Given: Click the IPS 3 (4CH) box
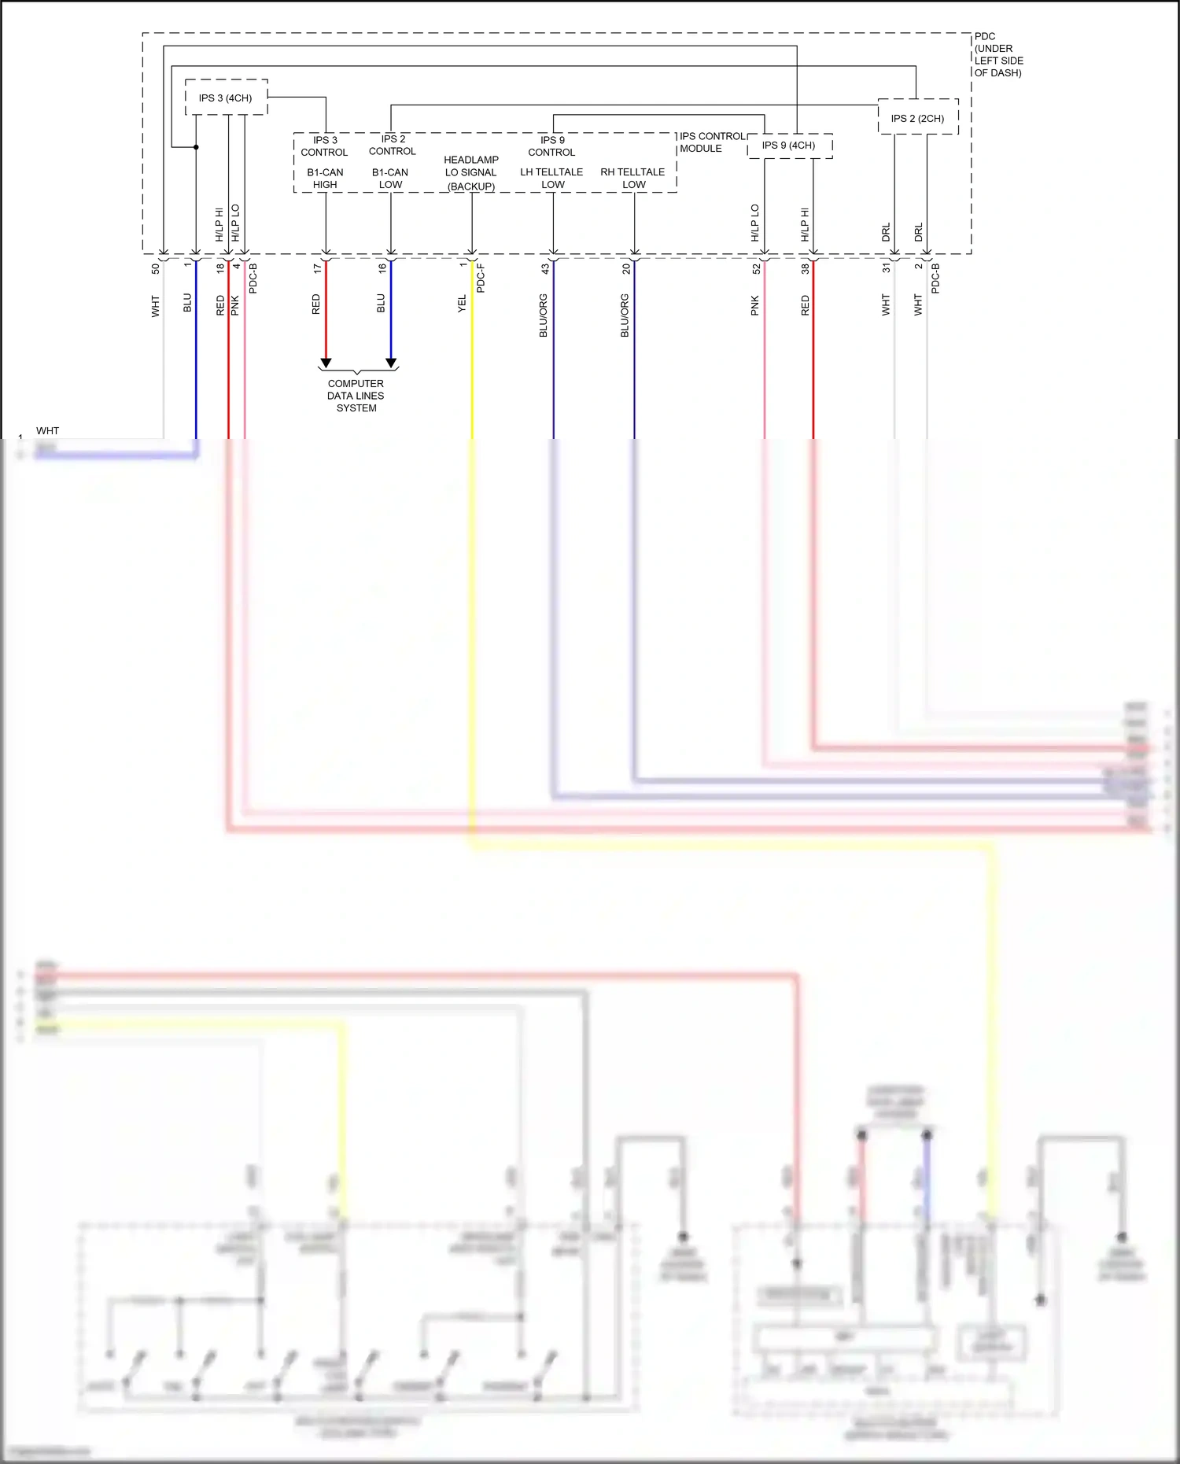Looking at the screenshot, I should tap(226, 98).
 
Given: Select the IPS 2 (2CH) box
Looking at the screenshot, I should tap(917, 118).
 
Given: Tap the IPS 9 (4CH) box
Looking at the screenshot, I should tap(789, 146).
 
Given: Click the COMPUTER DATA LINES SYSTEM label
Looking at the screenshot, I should tap(356, 396).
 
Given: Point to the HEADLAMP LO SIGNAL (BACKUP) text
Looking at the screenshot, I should tap(471, 173).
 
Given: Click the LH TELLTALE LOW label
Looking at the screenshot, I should tap(551, 178).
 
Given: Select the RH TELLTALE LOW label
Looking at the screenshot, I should tap(632, 178).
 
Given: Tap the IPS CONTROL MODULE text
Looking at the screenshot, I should tap(711, 142).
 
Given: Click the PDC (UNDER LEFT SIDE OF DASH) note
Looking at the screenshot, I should tap(998, 54).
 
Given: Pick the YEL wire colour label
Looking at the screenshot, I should tap(462, 304).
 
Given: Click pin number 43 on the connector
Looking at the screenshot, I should tap(545, 268).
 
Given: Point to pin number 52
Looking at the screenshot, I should tap(756, 268).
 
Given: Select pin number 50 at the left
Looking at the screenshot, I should tap(155, 268).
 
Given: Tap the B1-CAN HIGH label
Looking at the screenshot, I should tap(325, 179).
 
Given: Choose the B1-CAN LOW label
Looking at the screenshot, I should tap(390, 179).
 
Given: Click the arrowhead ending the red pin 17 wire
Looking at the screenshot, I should tap(326, 363).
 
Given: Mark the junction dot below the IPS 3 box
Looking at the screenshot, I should tap(196, 147).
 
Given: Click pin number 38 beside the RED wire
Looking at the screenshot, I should tap(805, 268).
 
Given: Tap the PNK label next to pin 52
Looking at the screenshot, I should tap(754, 306).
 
